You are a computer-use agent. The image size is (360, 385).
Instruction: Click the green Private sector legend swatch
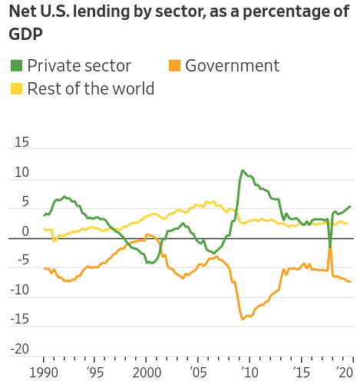coord(16,65)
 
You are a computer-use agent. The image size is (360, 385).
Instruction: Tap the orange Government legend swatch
coord(174,65)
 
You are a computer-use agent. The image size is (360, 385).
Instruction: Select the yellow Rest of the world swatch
coord(16,88)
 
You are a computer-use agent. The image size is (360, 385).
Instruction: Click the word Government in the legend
coord(232,65)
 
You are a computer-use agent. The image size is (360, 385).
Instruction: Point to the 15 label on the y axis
coord(21,142)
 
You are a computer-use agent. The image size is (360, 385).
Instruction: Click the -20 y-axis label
coord(20,349)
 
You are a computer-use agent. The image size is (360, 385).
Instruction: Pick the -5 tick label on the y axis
coord(23,261)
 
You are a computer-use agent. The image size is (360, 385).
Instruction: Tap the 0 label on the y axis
coord(25,231)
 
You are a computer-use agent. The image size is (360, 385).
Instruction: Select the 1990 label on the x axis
coord(44,373)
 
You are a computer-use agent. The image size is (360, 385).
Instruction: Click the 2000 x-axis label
coord(147,373)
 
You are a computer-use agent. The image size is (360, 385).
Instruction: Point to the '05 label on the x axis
coord(198,373)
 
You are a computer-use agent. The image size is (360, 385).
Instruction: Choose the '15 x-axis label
coord(302,373)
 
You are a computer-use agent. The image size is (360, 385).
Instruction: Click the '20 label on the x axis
coord(345,373)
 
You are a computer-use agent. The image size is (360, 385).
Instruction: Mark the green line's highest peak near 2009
coord(243,170)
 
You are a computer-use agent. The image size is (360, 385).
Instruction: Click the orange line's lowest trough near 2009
coord(243,319)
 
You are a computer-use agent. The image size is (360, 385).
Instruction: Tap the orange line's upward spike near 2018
coord(330,248)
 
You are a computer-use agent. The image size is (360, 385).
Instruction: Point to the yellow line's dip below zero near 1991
coord(54,241)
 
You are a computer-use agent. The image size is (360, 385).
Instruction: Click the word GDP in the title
coord(25,34)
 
